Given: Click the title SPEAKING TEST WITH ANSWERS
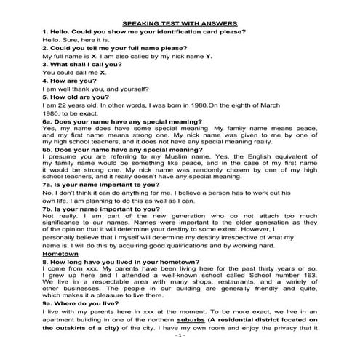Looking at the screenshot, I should (180, 23).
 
